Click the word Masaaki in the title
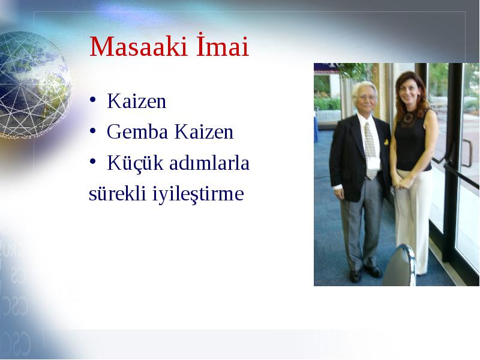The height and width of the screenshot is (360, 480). pos(139,47)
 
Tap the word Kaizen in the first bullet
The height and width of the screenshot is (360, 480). pos(137,101)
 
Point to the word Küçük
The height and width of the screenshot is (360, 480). pos(136,163)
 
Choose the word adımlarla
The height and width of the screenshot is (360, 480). pos(209,163)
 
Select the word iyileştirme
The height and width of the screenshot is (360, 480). pos(198,194)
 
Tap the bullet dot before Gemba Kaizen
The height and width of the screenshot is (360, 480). pos(93,131)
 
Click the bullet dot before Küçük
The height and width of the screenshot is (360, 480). pos(93,161)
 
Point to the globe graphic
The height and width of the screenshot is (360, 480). pos(34,85)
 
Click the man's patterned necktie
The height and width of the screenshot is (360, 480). pos(370,150)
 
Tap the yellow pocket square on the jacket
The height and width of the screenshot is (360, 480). pos(386,142)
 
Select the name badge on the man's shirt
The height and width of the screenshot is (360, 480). pos(373,163)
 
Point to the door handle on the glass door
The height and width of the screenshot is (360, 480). pos(467,153)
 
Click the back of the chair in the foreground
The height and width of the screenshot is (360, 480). pos(400,266)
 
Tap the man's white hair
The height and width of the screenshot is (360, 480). pos(364,88)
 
